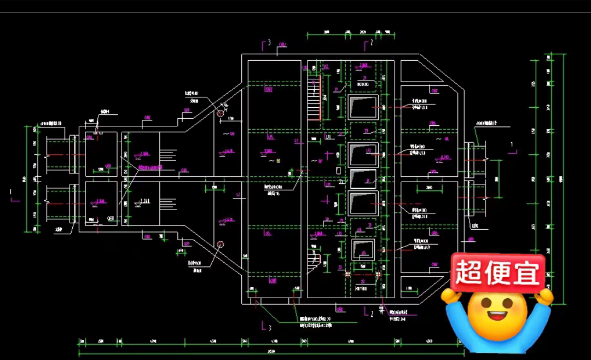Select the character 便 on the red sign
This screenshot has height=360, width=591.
[x=497, y=272]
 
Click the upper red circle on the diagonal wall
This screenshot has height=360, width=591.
[x=220, y=113]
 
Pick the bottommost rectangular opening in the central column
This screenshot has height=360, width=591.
[x=362, y=249]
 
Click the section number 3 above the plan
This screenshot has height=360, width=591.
[x=269, y=43]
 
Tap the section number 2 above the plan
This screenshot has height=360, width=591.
[x=372, y=42]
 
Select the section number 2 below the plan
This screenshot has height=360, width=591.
[x=372, y=314]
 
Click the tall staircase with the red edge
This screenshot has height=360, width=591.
[x=314, y=98]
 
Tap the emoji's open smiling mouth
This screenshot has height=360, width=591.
[x=497, y=316]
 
